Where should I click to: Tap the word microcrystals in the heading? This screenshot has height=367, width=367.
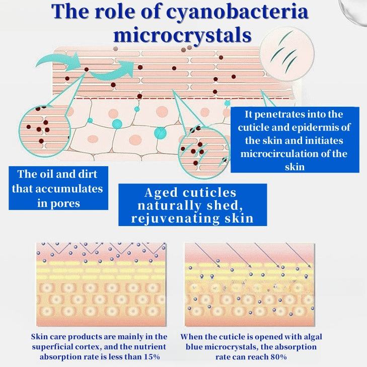[x=183, y=36]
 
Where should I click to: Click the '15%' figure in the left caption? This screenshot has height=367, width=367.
[x=152, y=357]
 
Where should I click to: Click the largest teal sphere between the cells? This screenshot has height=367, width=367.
[x=160, y=133]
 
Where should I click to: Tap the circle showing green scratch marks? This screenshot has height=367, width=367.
[x=287, y=53]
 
